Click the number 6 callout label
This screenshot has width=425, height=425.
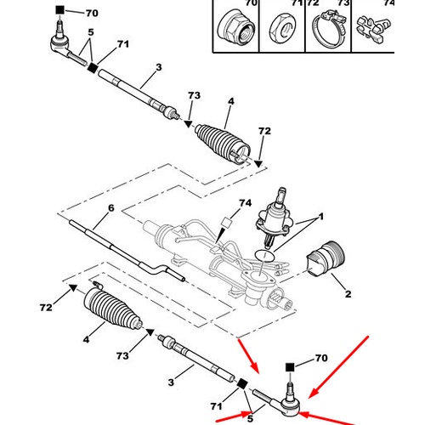110,207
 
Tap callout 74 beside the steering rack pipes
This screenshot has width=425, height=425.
245,202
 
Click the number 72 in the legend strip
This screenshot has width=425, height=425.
312,3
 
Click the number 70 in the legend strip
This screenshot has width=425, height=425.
250,3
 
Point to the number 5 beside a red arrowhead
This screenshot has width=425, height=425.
250,417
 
